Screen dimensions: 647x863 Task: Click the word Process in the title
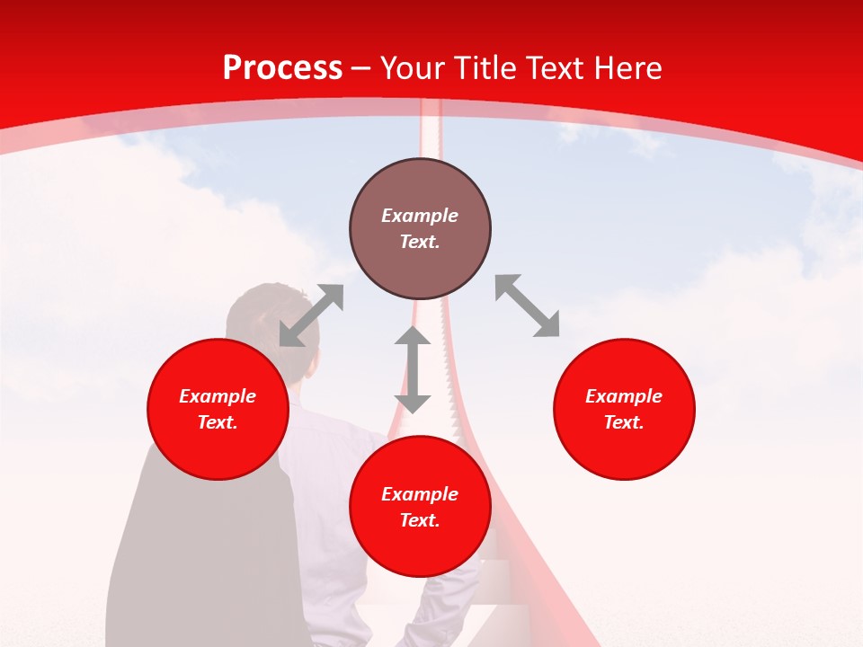282,68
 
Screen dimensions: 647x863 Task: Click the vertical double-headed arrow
413,369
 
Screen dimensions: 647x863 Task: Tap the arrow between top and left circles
311,315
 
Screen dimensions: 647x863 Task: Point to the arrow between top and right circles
528,306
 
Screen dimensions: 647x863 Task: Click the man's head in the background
261,315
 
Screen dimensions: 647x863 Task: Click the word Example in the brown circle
420,216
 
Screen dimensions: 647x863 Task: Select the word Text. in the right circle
624,422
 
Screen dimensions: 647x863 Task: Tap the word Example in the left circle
218,396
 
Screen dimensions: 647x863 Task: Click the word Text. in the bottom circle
420,520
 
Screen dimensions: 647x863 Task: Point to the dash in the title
361,69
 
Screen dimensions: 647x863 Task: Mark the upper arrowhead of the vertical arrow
413,338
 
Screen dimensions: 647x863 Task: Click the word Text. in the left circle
218,422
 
